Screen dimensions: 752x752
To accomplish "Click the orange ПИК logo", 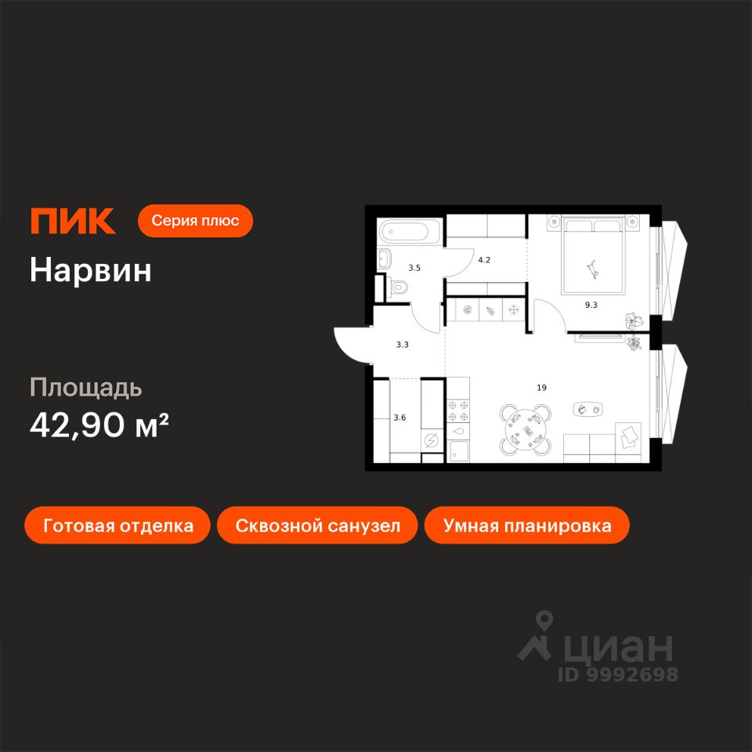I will click(73, 222).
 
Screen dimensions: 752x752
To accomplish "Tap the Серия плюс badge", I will click(195, 221).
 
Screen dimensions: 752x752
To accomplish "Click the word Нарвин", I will click(91, 270).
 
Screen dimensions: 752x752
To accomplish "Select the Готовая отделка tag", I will click(118, 525).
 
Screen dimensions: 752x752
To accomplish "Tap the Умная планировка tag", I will click(526, 525).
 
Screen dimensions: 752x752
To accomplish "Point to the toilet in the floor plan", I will click(399, 287).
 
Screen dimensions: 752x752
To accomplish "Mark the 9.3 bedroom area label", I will click(591, 305).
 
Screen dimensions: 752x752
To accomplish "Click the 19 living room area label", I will click(541, 387).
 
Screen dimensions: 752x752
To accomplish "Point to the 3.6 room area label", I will click(399, 418).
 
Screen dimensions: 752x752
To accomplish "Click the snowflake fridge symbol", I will click(515, 310).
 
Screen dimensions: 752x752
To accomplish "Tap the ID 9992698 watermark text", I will click(617, 674).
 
